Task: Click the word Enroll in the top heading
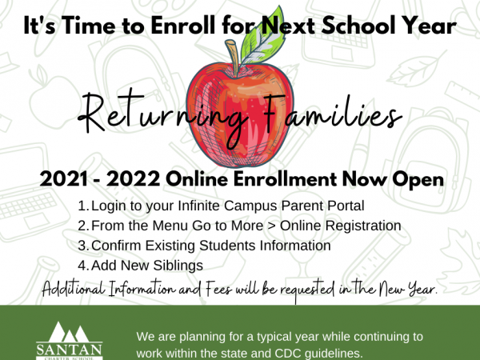(x=182, y=26)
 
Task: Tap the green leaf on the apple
(x=262, y=37)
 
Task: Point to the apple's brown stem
(x=234, y=58)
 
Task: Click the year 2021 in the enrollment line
(x=64, y=179)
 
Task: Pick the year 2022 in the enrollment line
(x=133, y=179)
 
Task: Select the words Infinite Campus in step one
(x=227, y=206)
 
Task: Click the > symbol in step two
(x=271, y=226)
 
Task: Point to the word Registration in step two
(x=363, y=226)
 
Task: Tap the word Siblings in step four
(x=178, y=266)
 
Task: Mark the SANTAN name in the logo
(x=69, y=349)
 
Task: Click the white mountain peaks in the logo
(x=68, y=332)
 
